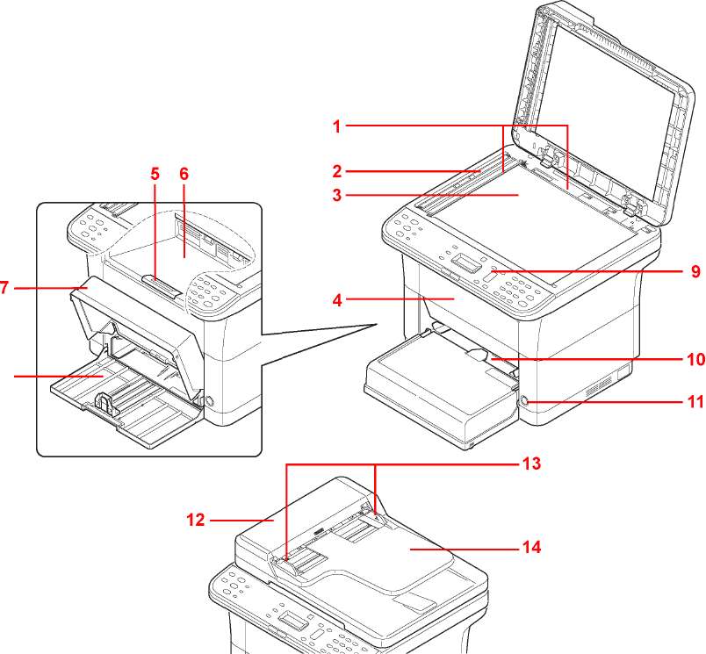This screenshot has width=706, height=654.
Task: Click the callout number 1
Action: click(x=336, y=126)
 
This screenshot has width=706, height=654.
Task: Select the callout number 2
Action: click(x=336, y=170)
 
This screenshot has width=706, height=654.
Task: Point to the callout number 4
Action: click(x=336, y=299)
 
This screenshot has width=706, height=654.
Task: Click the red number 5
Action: click(x=155, y=174)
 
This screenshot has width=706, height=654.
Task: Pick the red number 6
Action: click(x=184, y=174)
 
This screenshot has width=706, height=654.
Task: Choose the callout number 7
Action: click(x=4, y=287)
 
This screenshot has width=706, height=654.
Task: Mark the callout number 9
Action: click(x=695, y=271)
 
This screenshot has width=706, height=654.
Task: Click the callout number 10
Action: click(x=695, y=358)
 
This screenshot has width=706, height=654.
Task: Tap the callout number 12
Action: click(x=195, y=520)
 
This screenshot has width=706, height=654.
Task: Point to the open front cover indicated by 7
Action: click(x=132, y=316)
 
